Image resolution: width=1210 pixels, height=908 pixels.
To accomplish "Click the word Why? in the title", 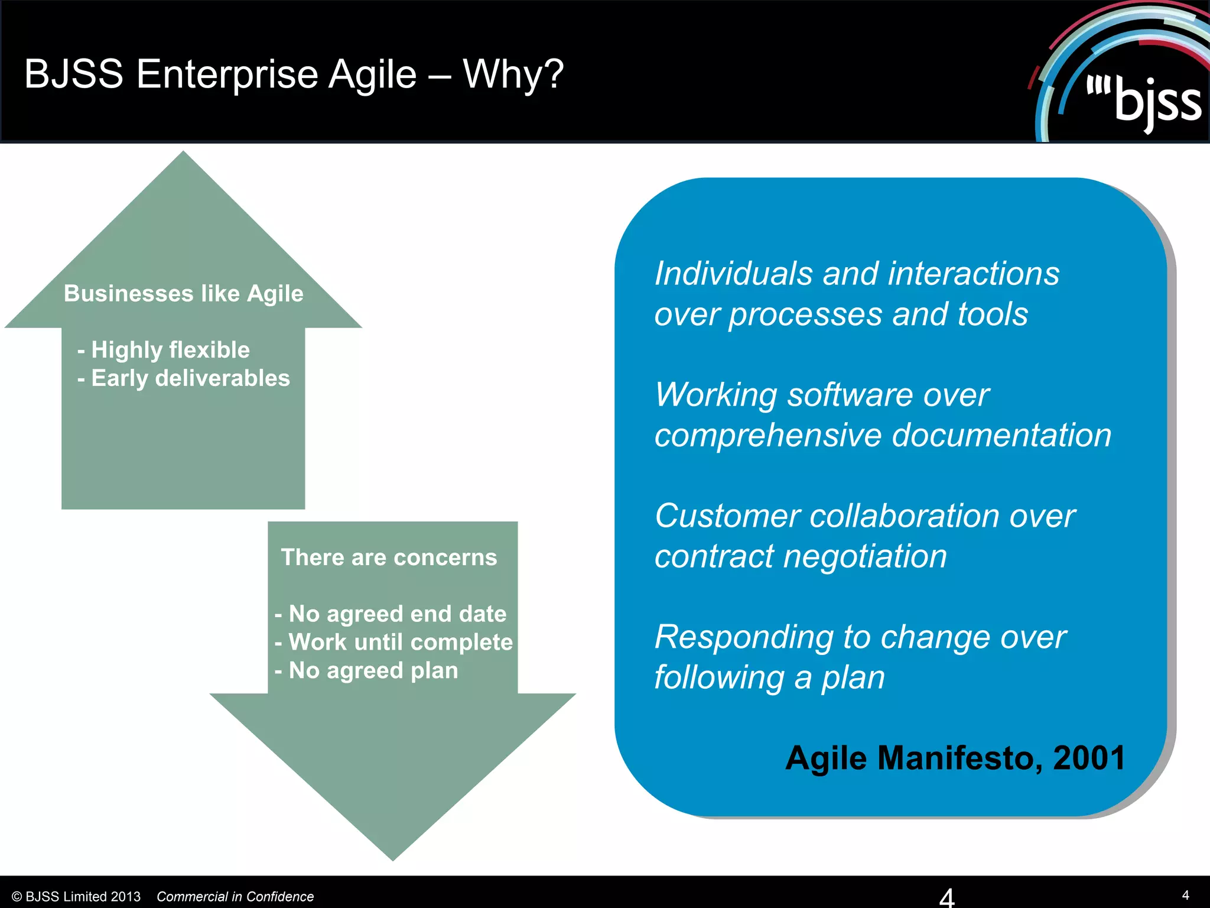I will pyautogui.click(x=513, y=74).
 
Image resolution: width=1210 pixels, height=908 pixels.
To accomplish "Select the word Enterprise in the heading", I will pyautogui.click(x=227, y=74).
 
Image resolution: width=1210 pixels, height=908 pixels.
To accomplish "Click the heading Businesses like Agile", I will pyautogui.click(x=183, y=294).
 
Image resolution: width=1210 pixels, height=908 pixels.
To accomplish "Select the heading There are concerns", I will pyautogui.click(x=389, y=557).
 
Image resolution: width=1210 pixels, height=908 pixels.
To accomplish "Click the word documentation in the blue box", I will pyautogui.click(x=1001, y=435).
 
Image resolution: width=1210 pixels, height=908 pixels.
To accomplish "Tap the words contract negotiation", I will pyautogui.click(x=801, y=556).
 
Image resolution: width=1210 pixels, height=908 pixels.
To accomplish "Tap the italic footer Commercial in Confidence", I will pyautogui.click(x=235, y=896).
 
